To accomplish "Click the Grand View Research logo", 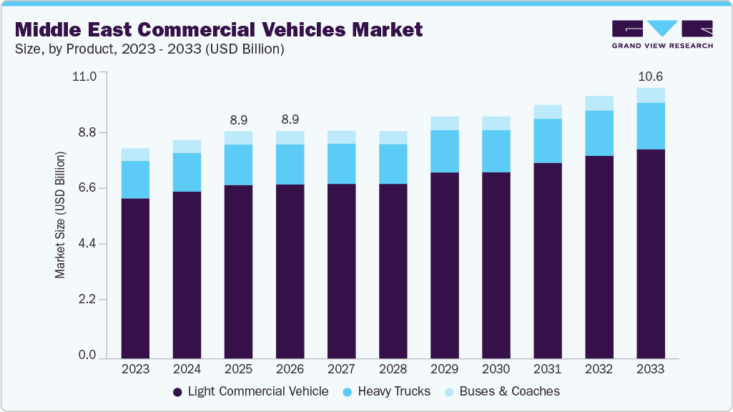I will (x=661, y=34).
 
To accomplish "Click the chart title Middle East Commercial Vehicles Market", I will (x=219, y=29).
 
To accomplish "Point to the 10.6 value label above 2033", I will (x=650, y=77).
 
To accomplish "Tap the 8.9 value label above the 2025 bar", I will (x=238, y=119).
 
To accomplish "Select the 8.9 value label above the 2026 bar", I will (x=290, y=119).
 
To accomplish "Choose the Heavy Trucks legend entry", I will (x=386, y=391).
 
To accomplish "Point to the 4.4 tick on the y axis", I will (x=87, y=244).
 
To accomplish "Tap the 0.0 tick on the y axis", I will (x=87, y=355).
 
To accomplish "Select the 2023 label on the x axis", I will (x=135, y=369).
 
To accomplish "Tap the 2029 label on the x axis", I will (x=444, y=369).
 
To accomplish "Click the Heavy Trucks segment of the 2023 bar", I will (x=135, y=180).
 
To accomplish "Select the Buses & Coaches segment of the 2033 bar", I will (x=650, y=95).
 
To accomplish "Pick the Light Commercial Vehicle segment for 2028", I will (x=393, y=271).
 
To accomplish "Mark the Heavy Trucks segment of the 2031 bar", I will (x=547, y=141).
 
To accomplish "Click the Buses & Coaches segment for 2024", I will (x=187, y=147).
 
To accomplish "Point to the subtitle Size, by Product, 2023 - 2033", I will (x=150, y=49).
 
